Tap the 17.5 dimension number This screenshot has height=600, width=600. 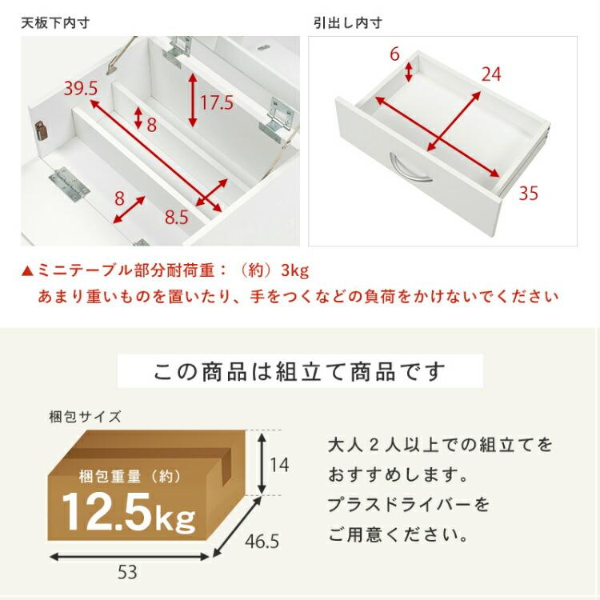(x=216, y=102)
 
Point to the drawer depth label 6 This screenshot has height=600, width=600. (x=394, y=54)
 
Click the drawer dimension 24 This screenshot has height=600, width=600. (x=491, y=74)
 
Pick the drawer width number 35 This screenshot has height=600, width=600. (x=527, y=194)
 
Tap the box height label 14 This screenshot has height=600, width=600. (x=278, y=463)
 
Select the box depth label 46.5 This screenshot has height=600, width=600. (x=263, y=542)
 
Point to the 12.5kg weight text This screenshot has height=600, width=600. (x=128, y=513)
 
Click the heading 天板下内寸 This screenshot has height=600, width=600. (x=55, y=22)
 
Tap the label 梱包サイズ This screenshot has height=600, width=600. (x=84, y=416)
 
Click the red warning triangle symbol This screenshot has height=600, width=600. (x=28, y=270)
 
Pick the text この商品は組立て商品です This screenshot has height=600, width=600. (x=300, y=371)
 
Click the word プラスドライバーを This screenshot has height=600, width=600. (x=408, y=505)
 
